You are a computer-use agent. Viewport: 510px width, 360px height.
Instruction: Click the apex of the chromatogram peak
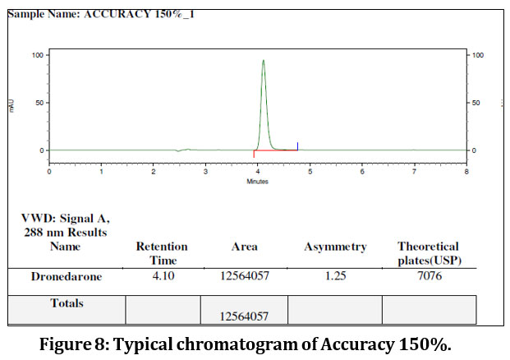tap(263, 60)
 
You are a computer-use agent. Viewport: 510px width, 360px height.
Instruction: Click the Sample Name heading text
tap(98, 14)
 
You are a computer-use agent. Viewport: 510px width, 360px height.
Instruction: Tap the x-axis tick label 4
tap(258, 173)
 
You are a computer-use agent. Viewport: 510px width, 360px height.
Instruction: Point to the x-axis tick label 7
tap(414, 173)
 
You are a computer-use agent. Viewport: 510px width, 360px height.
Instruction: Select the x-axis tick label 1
tap(101, 173)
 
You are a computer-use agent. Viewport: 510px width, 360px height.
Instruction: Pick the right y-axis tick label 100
tap(479, 55)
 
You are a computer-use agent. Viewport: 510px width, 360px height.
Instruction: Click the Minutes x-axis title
tap(258, 182)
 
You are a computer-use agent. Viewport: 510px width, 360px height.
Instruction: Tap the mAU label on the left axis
tap(11, 104)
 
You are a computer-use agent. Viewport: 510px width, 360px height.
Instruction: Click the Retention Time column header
tap(162, 252)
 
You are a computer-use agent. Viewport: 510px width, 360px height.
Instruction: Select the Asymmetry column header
tap(335, 247)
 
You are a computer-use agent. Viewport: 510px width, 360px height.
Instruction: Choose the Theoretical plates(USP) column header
tap(428, 252)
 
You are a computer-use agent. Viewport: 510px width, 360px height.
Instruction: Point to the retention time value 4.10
tap(162, 277)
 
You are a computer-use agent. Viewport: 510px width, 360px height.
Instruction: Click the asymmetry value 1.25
tap(335, 277)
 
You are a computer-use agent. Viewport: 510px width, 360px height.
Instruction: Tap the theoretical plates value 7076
tap(428, 277)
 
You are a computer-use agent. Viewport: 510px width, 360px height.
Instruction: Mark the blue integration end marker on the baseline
tap(297, 146)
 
